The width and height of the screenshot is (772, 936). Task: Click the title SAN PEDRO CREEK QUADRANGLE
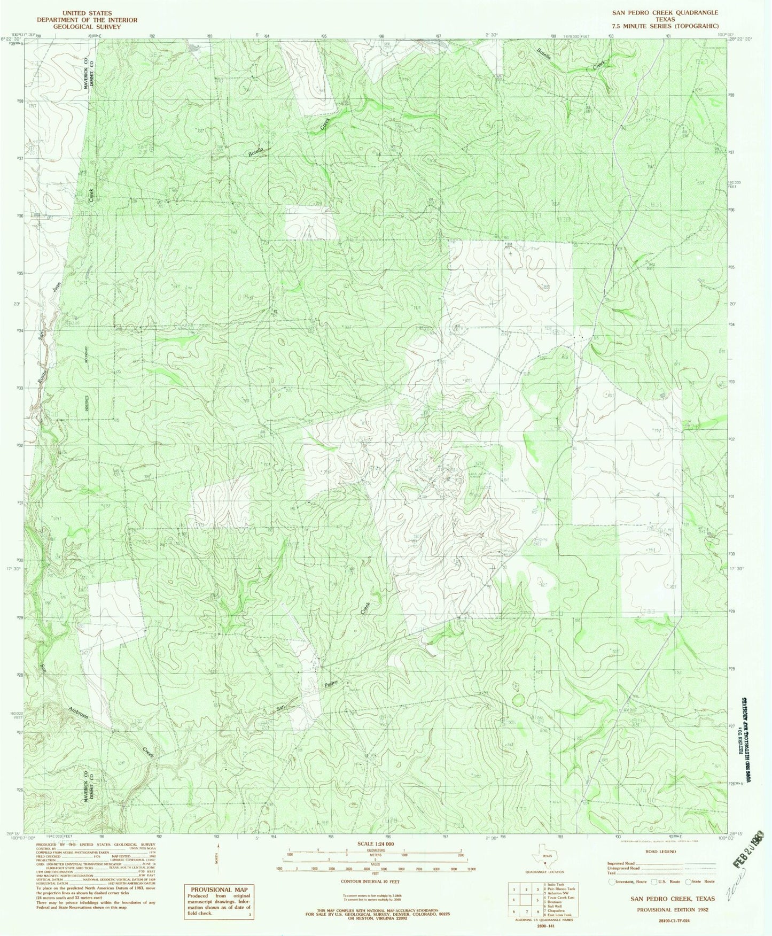(x=665, y=12)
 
